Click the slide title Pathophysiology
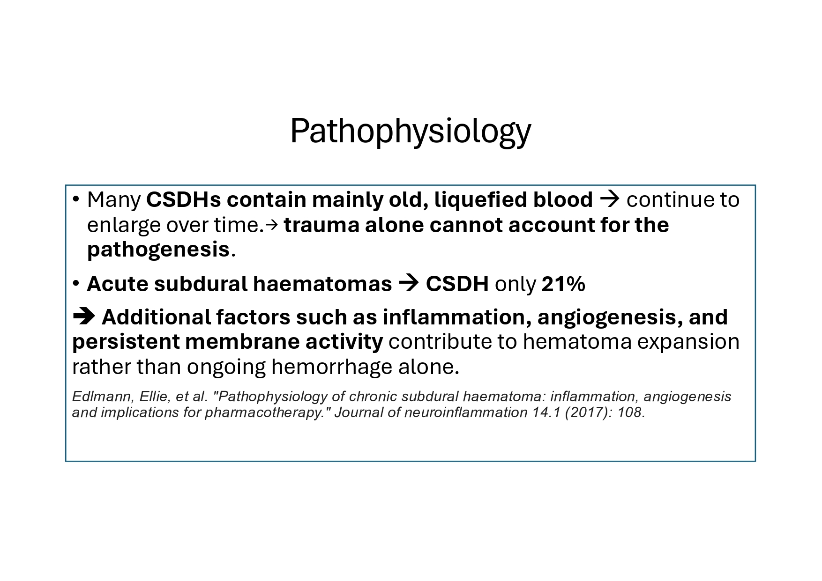point(411,132)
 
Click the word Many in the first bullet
point(114,200)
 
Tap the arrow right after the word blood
point(610,200)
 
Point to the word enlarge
point(124,226)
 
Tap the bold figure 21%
point(563,284)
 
